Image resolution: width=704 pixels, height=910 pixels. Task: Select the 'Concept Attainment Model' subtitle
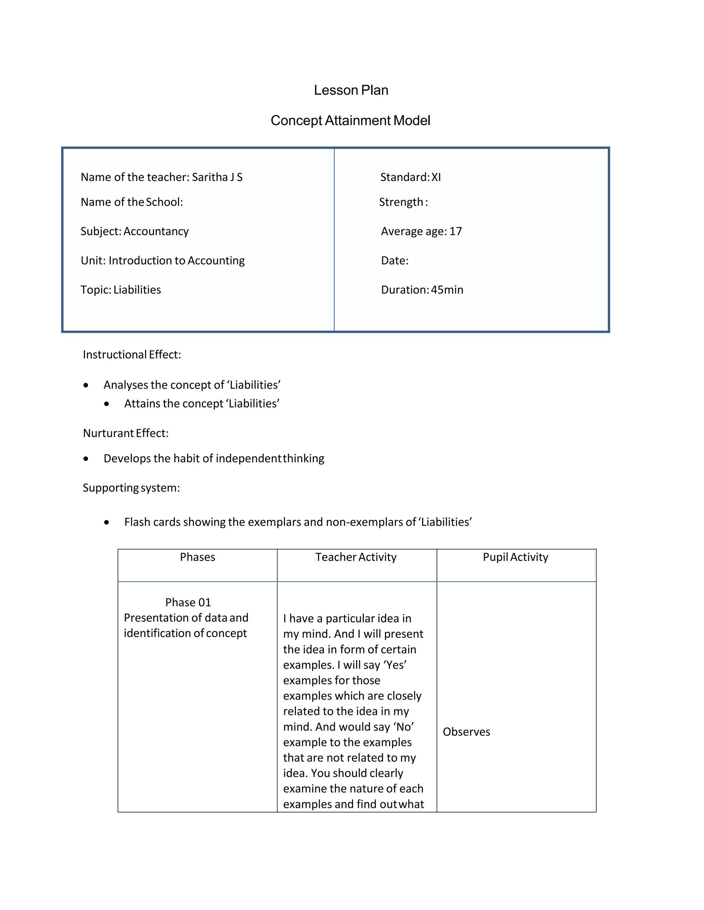[x=350, y=121]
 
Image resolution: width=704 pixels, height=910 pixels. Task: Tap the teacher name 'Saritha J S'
[x=217, y=177]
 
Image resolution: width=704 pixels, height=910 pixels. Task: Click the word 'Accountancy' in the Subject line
[x=156, y=231]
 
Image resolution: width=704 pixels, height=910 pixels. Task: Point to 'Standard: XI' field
[x=410, y=177]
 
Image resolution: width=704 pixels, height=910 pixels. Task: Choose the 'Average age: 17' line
[x=421, y=231]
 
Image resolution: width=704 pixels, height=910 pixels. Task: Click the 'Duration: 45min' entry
[x=422, y=289]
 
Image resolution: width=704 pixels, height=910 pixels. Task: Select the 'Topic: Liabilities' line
[x=121, y=289]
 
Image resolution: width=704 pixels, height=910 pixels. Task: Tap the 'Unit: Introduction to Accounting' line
[x=163, y=260]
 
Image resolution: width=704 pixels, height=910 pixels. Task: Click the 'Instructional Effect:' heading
[x=132, y=355]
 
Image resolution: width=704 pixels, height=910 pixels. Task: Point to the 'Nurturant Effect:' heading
[x=125, y=433]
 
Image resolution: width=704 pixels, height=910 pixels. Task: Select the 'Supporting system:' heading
[x=131, y=488]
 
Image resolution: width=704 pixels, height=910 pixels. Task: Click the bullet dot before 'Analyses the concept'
[x=86, y=385]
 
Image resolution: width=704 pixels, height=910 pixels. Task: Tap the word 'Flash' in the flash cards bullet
[x=136, y=522]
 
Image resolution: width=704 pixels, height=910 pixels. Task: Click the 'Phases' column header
[x=197, y=557]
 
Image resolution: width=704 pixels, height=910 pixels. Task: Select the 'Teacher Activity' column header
[x=356, y=557]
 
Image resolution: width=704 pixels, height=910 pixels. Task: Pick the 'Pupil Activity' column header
[x=516, y=557]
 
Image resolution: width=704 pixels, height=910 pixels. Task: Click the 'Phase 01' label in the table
[x=188, y=603]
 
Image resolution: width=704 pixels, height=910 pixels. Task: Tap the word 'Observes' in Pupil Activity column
[x=466, y=732]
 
